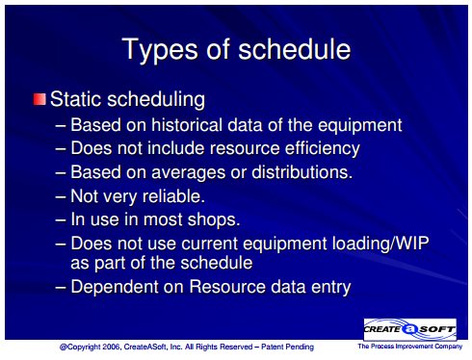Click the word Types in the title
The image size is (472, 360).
click(x=160, y=50)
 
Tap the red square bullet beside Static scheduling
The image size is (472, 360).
click(x=39, y=99)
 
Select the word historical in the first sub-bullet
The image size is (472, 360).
click(x=187, y=124)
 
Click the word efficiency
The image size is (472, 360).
click(x=323, y=148)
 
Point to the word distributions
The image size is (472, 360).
click(x=302, y=172)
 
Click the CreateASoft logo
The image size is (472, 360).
click(x=410, y=329)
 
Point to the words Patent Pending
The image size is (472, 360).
click(x=287, y=347)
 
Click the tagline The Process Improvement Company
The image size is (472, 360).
click(x=410, y=347)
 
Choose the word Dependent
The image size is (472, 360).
click(x=115, y=287)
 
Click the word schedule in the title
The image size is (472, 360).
click(x=295, y=49)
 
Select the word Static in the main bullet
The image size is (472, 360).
click(x=76, y=99)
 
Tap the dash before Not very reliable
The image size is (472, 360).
click(x=61, y=196)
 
